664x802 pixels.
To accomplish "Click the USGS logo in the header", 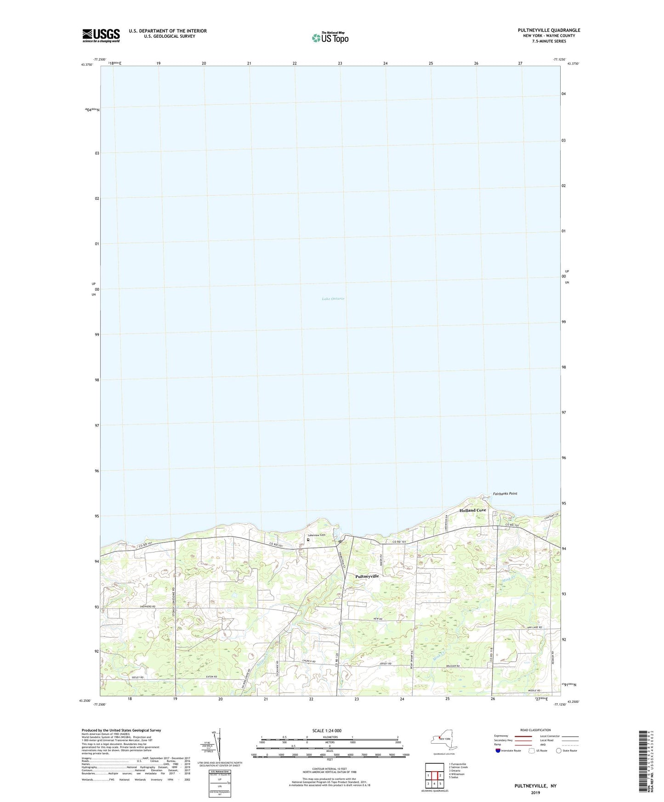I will [x=101, y=35].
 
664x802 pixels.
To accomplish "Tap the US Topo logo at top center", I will [x=330, y=38].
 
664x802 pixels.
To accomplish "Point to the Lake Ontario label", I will [x=333, y=299].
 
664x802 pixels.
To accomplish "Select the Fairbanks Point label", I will [x=505, y=493].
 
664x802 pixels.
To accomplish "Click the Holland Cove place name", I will [x=472, y=510].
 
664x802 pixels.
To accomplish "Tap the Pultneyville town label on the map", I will [x=367, y=576].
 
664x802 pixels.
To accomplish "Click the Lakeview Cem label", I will [x=316, y=535].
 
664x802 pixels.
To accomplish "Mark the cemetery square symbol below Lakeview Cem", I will [x=308, y=540].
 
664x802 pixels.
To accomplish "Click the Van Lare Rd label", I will [x=534, y=627].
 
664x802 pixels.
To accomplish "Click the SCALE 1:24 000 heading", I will [x=327, y=730].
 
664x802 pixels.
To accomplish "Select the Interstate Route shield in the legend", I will [x=499, y=751].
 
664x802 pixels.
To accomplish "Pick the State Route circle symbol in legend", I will [x=559, y=751].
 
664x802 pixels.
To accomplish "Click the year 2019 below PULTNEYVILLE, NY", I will [x=535, y=792].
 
